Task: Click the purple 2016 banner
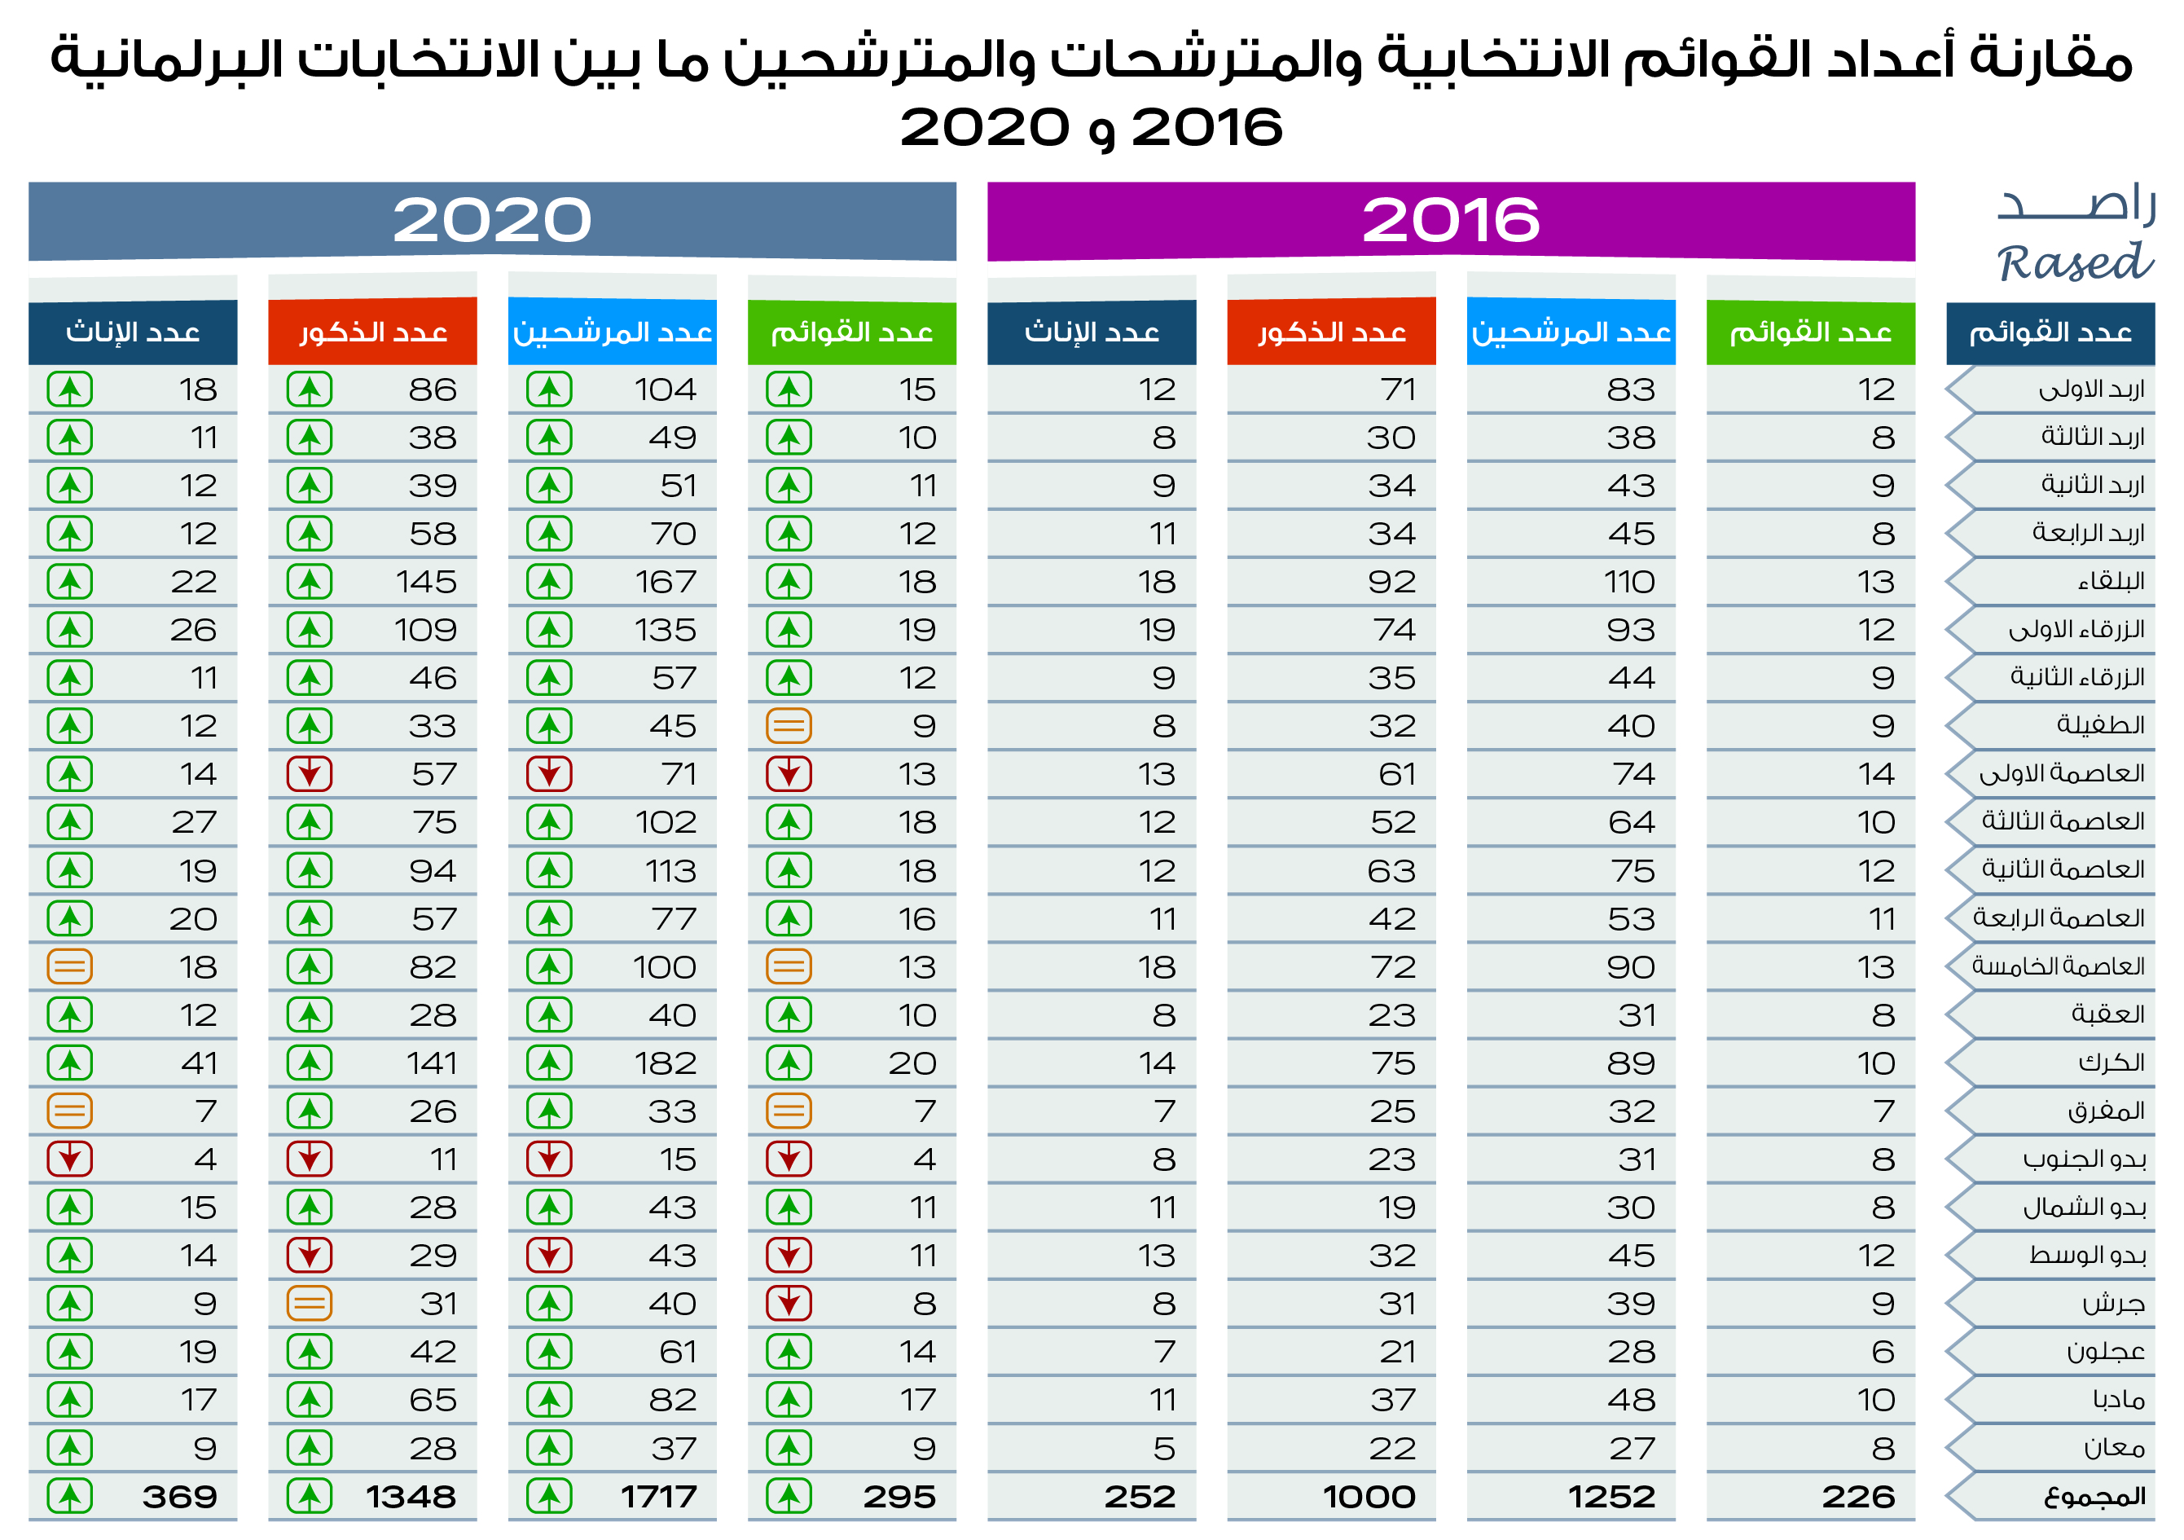[1450, 221]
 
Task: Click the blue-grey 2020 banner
[492, 221]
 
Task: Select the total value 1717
[658, 1497]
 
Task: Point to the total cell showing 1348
[411, 1497]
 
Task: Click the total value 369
[180, 1497]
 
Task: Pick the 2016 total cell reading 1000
[1369, 1497]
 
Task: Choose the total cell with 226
[1857, 1497]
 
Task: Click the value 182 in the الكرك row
[666, 1063]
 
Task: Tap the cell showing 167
[666, 582]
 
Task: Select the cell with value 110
[1629, 582]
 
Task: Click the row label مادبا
[2118, 1400]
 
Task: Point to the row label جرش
[2114, 1304]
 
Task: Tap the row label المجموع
[2094, 1497]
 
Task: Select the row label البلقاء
[2111, 582]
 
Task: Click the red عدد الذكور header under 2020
[373, 332]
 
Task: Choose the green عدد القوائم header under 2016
[1810, 332]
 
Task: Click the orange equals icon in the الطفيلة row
[789, 727]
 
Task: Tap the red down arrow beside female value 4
[69, 1159]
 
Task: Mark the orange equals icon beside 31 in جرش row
[309, 1304]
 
